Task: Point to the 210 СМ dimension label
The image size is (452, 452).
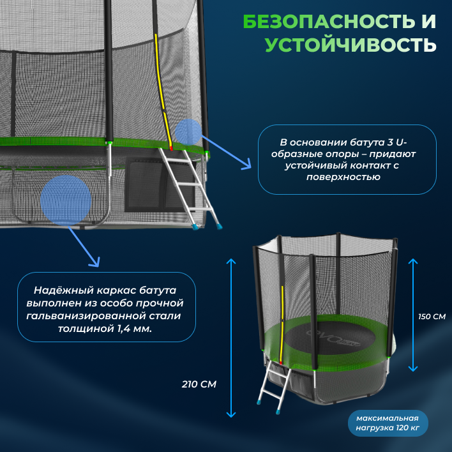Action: point(199,384)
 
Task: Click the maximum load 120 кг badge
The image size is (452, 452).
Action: point(388,423)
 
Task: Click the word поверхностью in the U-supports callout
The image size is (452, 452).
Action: point(347,177)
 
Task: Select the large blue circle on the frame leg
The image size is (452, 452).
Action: point(66,200)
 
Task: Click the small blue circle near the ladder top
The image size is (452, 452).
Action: point(188,131)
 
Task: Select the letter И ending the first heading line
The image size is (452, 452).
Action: point(429,22)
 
